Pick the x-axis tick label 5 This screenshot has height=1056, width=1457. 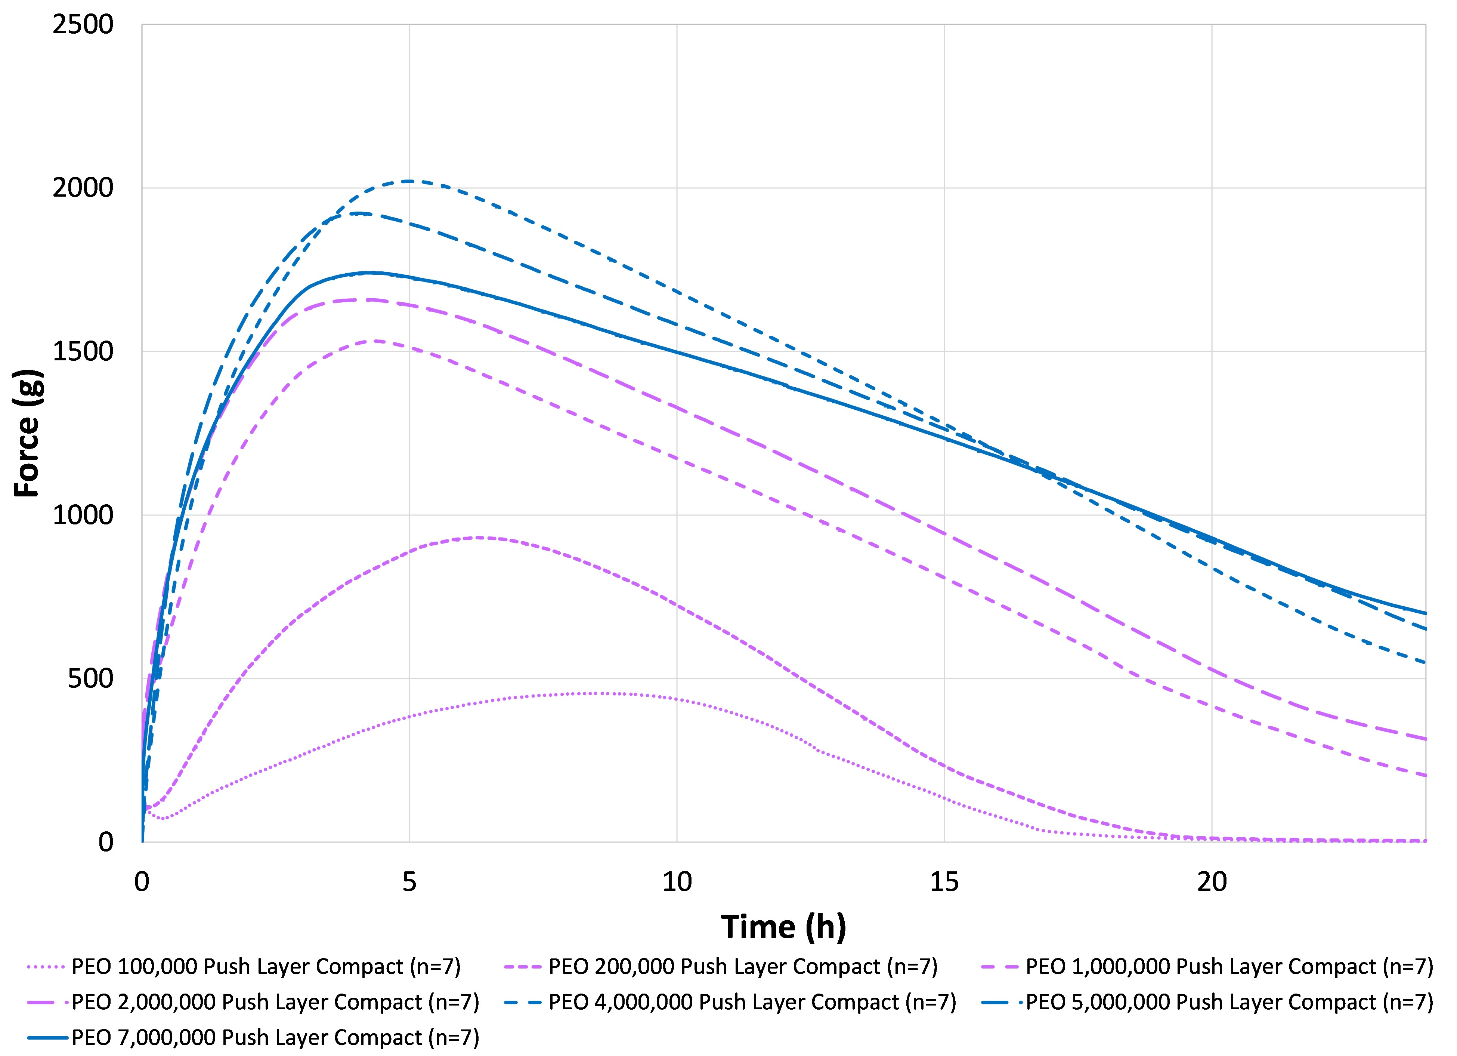(x=409, y=882)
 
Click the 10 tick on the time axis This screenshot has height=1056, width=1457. (x=677, y=882)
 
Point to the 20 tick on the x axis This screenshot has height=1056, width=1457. (x=1212, y=882)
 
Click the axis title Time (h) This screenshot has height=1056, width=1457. (x=783, y=927)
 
